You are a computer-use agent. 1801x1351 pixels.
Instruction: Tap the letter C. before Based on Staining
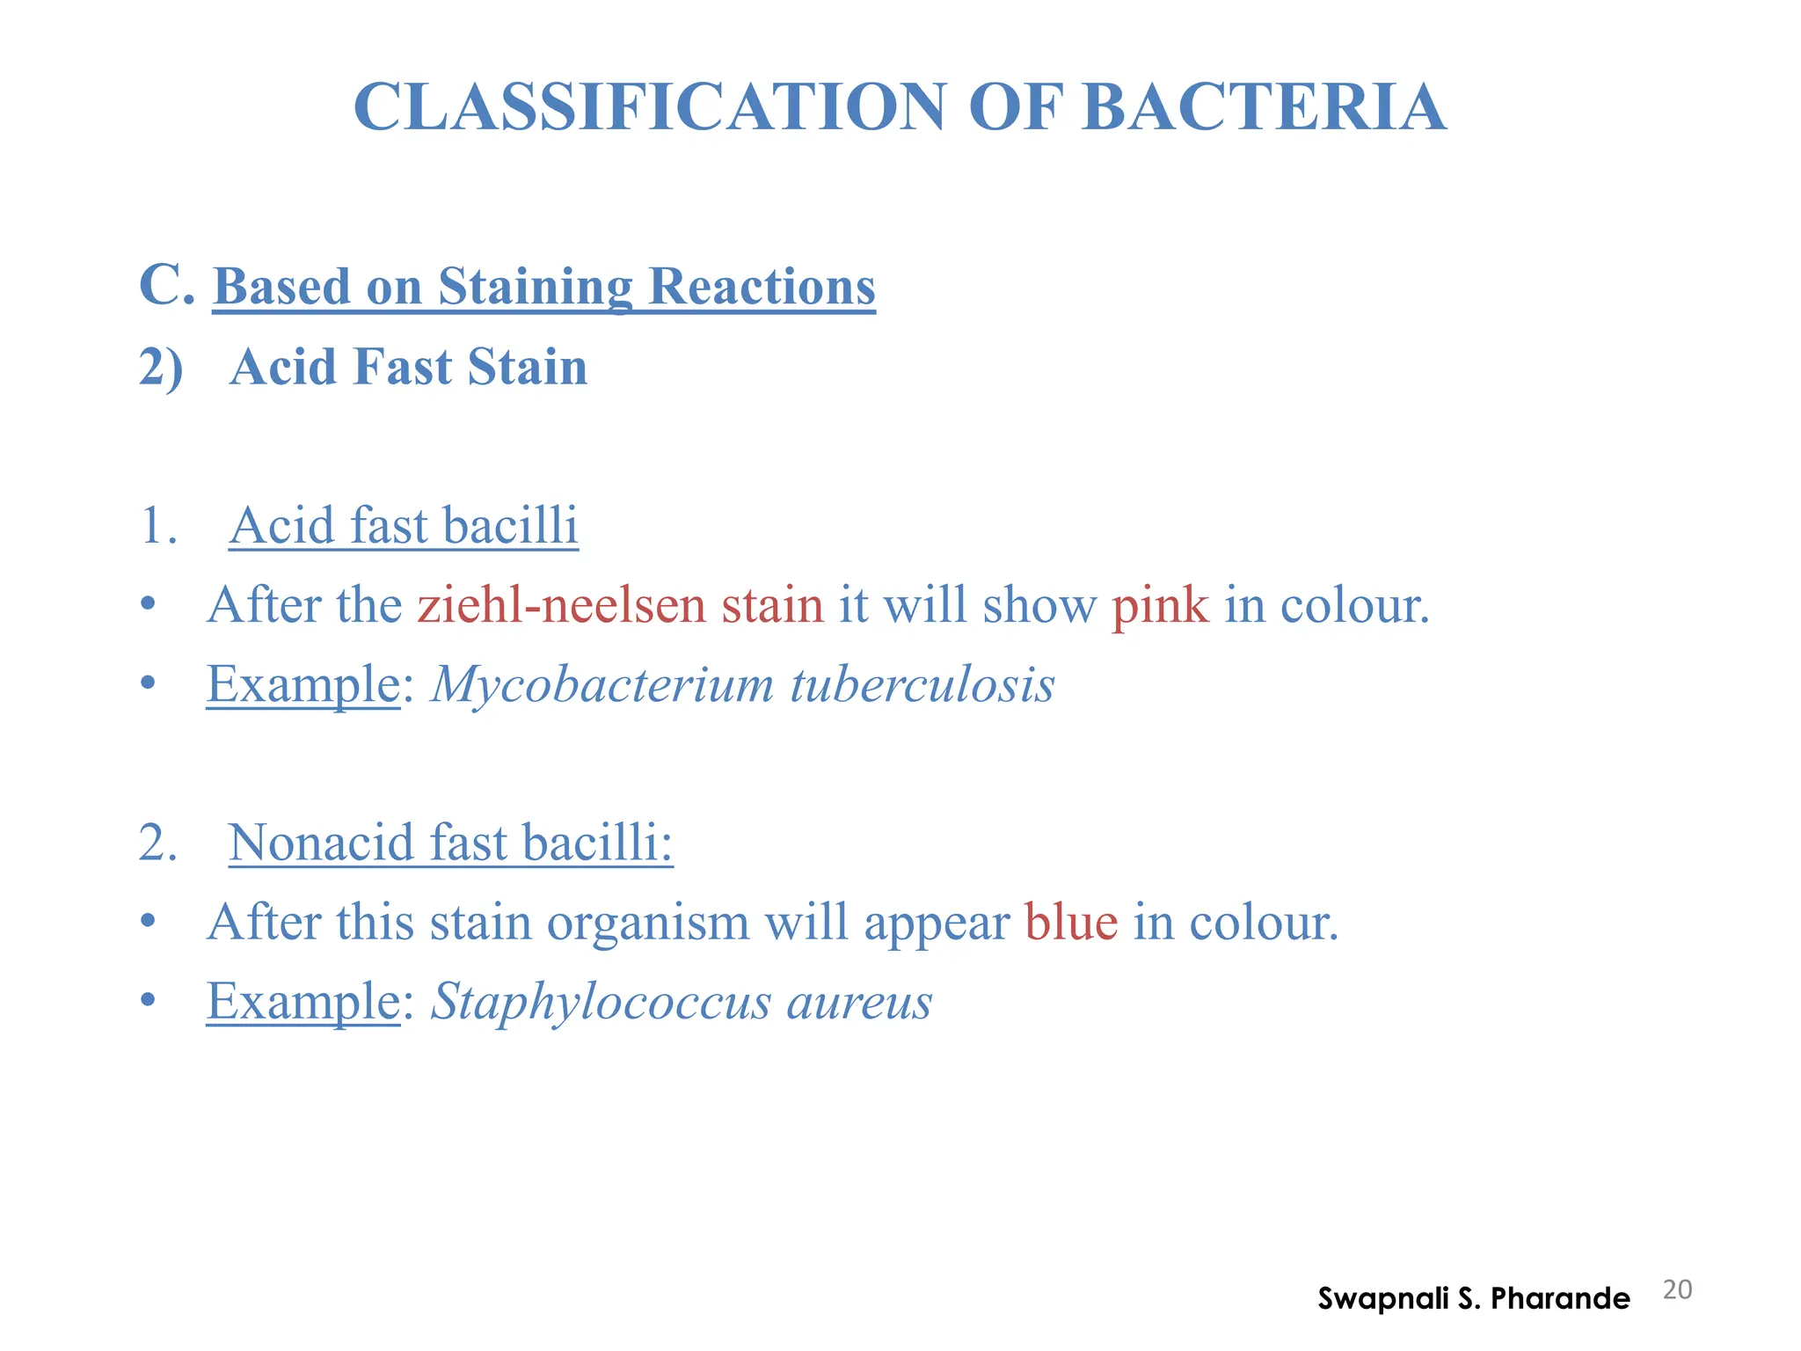point(165,286)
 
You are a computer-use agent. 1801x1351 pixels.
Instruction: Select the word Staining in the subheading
point(535,288)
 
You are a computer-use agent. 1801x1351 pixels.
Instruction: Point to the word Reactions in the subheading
point(762,288)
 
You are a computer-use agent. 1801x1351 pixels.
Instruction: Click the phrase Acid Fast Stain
point(408,367)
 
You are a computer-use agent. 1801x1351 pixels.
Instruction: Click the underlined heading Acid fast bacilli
point(404,526)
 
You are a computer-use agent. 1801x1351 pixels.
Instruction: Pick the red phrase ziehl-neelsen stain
point(620,605)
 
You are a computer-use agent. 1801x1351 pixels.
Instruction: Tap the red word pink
point(1160,607)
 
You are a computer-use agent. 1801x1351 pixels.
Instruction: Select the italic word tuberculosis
point(922,685)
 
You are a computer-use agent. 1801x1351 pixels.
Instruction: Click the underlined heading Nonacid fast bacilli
point(450,843)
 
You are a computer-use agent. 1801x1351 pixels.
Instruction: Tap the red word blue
point(1071,922)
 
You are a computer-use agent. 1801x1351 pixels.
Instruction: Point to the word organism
point(648,924)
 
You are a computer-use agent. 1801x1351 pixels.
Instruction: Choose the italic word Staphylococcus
point(601,1003)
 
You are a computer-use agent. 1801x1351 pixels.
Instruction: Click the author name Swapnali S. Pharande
point(1473,1298)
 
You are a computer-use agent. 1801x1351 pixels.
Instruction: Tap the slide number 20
point(1677,1290)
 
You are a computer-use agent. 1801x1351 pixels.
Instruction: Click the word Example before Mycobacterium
point(303,685)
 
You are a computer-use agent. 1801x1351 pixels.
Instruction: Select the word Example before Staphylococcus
point(303,1003)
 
